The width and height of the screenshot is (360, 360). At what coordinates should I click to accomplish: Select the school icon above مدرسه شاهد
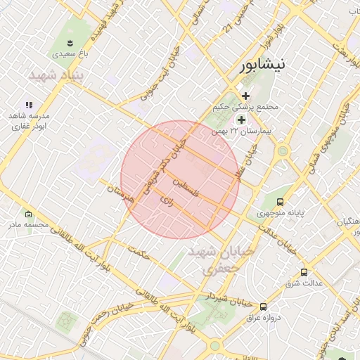pos(29,104)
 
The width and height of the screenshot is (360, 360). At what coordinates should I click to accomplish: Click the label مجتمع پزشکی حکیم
pos(245,108)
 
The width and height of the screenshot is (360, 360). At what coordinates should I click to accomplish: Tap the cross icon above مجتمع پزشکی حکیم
pos(245,96)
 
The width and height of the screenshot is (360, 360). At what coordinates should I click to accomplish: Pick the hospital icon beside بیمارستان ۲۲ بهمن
pos(241,120)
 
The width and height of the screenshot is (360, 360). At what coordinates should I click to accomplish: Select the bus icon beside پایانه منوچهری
pos(281,202)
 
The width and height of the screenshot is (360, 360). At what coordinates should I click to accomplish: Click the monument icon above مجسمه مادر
pos(28,214)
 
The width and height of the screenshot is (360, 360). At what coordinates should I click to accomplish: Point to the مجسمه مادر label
pos(28,225)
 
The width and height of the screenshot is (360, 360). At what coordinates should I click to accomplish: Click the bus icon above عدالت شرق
pos(304,271)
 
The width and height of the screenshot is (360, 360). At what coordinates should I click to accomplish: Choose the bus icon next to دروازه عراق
pos(263,307)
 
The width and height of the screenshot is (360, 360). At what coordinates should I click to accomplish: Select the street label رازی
pos(167,200)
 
